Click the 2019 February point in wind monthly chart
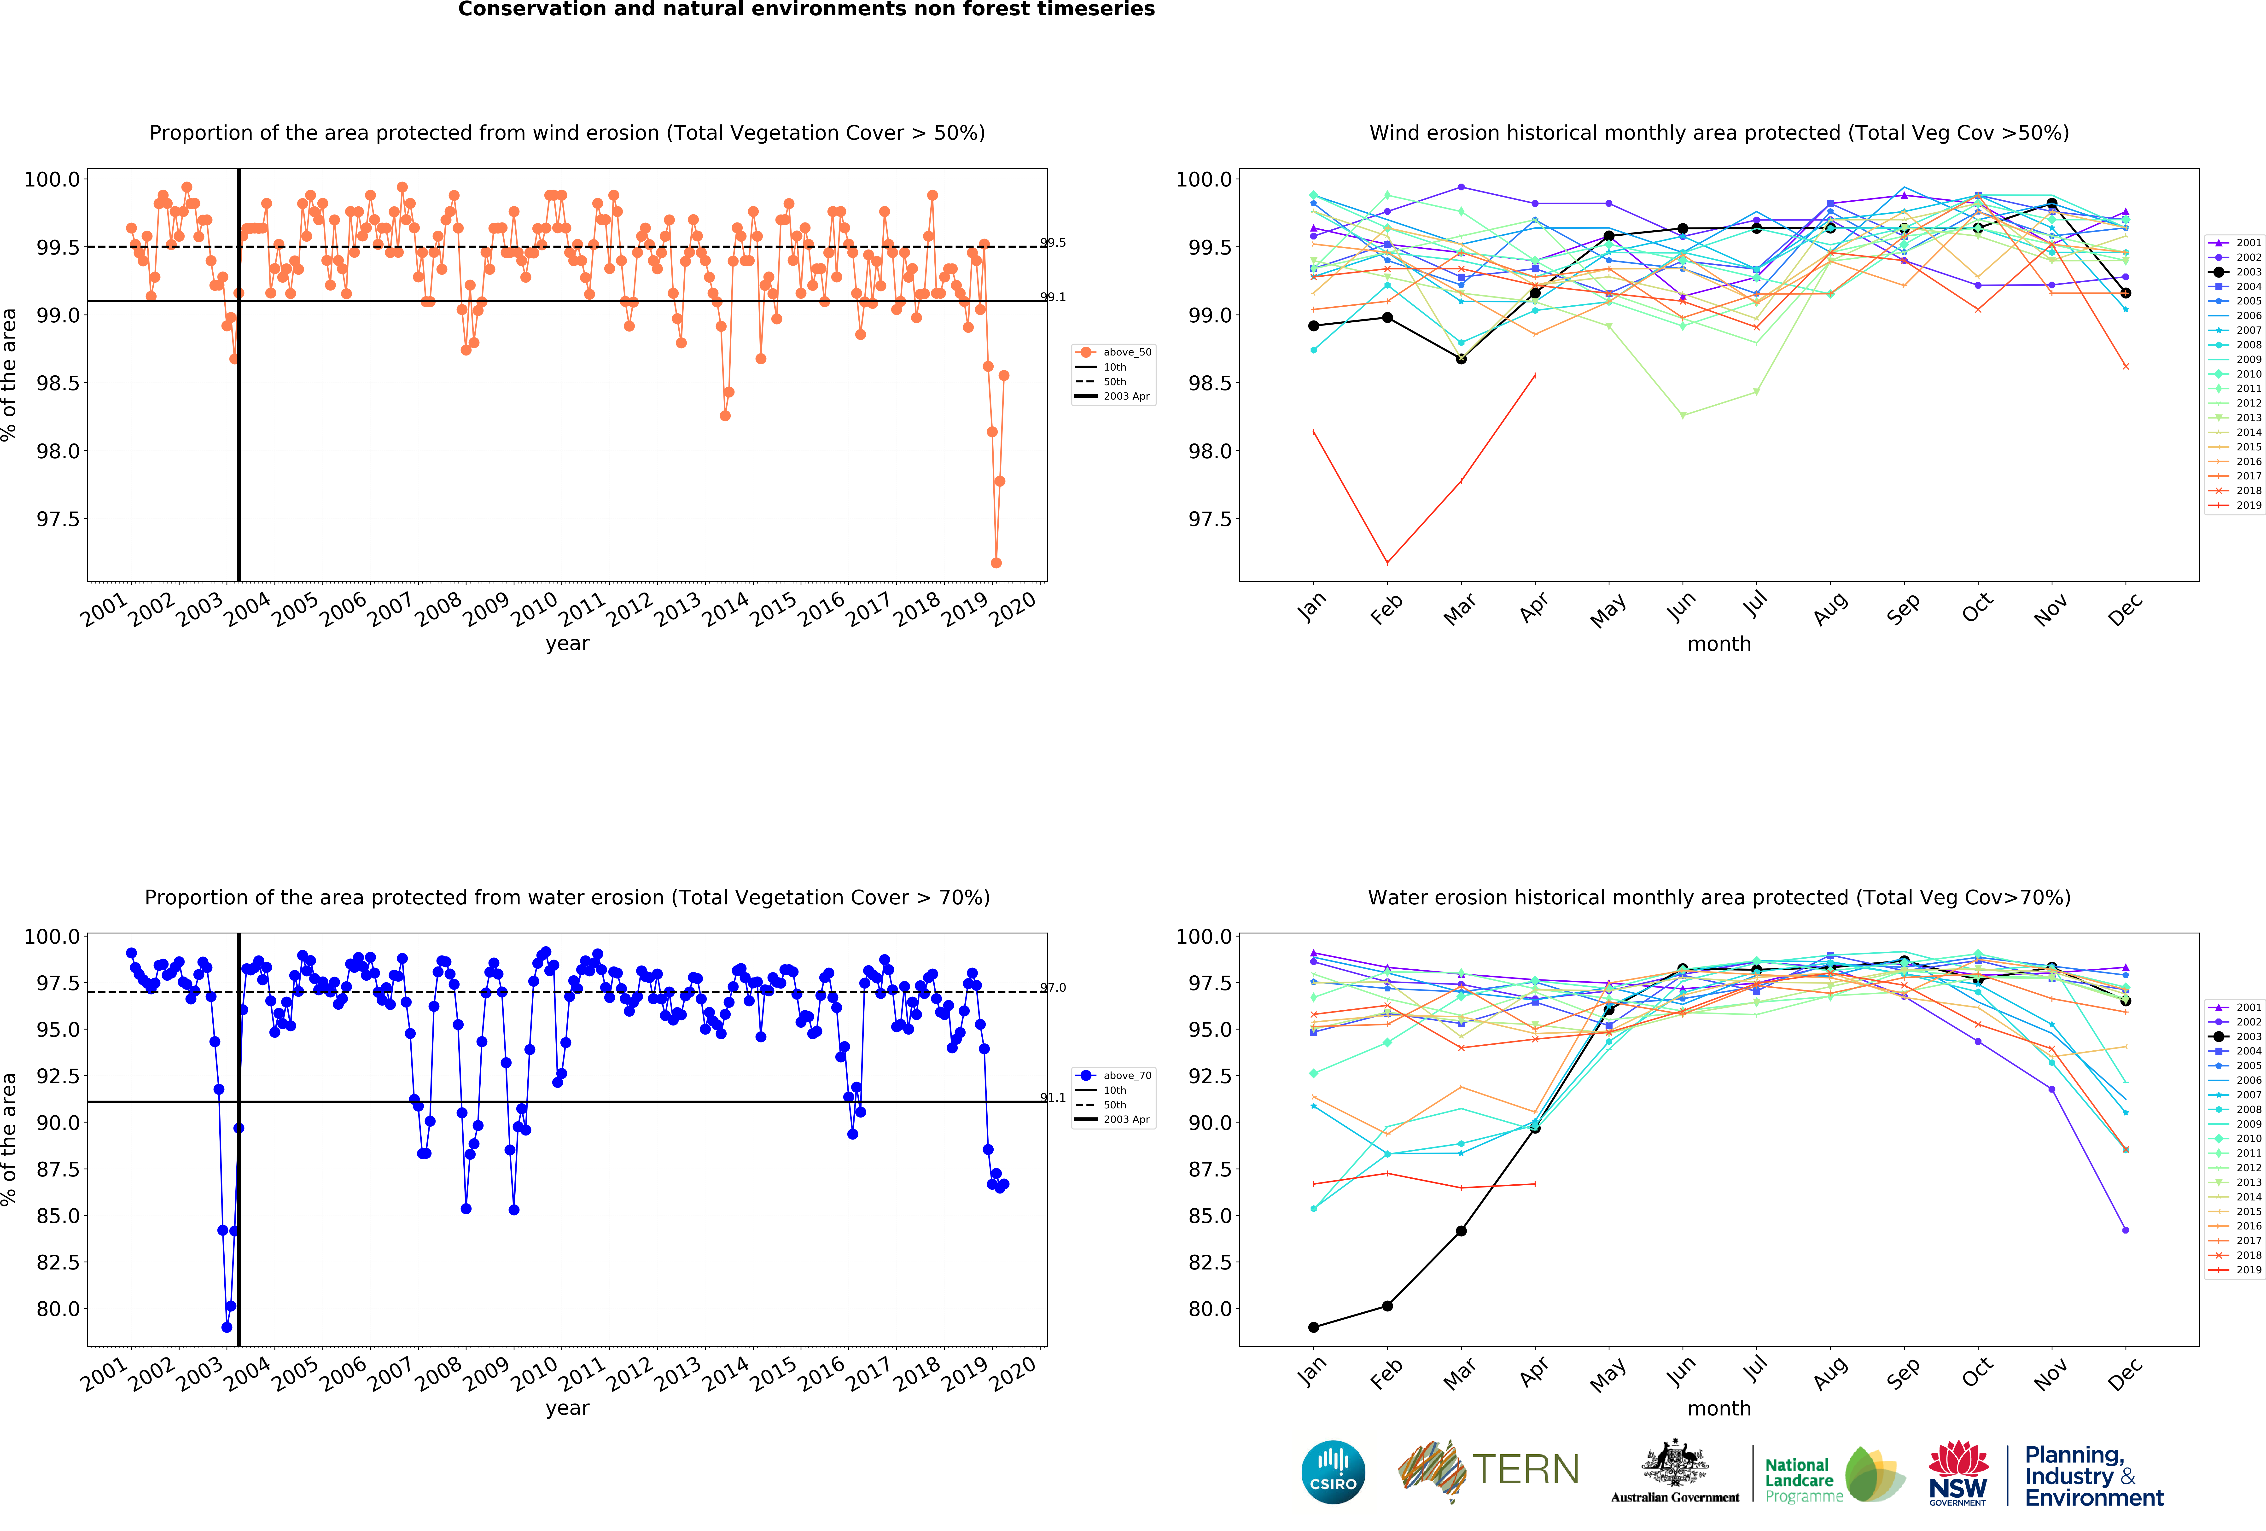pos(1386,563)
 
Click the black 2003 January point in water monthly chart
pos(1313,1327)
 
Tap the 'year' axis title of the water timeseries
pos(567,1408)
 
